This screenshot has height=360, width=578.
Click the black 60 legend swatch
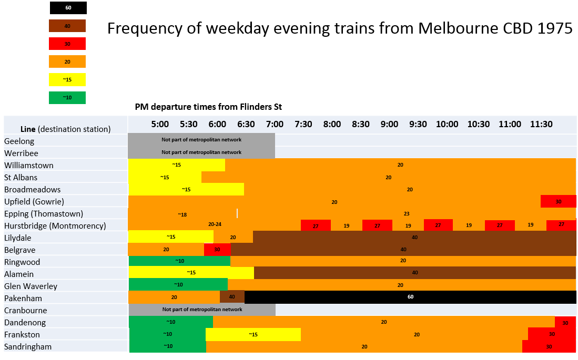pyautogui.click(x=68, y=8)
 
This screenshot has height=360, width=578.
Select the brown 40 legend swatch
pyautogui.click(x=67, y=26)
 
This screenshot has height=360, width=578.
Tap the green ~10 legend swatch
pyautogui.click(x=67, y=97)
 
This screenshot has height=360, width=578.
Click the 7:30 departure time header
pyautogui.click(x=303, y=125)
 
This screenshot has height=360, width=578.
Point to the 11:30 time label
pyautogui.click(x=541, y=125)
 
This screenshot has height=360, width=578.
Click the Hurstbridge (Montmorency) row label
pyautogui.click(x=55, y=226)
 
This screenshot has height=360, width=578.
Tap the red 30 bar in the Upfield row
pyautogui.click(x=559, y=201)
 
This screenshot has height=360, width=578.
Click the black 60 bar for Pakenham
pyautogui.click(x=410, y=297)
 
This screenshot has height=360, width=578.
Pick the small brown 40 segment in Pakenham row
pyautogui.click(x=232, y=297)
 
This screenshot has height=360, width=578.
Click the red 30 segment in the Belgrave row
pyautogui.click(x=217, y=249)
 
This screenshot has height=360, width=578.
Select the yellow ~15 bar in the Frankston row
pyautogui.click(x=253, y=335)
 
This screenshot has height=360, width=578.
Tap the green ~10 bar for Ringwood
pyautogui.click(x=179, y=261)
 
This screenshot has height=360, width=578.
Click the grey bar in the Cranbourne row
pyautogui.click(x=202, y=310)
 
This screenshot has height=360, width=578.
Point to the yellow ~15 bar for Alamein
pyautogui.click(x=191, y=273)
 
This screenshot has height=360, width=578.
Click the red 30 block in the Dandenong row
pyautogui.click(x=565, y=323)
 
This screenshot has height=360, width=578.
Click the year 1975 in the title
pyautogui.click(x=555, y=28)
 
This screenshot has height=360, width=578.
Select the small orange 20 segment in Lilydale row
pyautogui.click(x=233, y=237)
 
